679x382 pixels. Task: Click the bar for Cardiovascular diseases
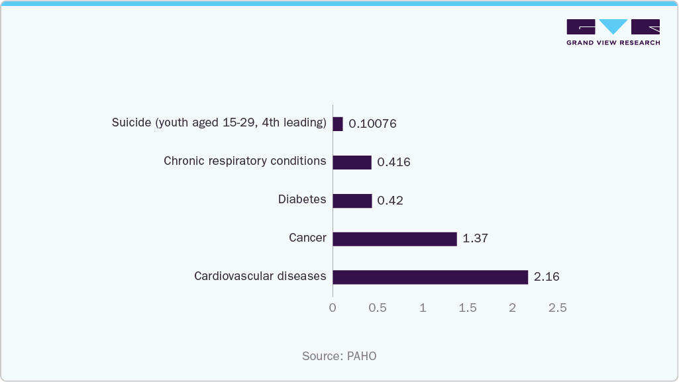tap(430, 277)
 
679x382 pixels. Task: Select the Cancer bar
tap(394, 238)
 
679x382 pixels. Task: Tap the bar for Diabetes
tap(352, 201)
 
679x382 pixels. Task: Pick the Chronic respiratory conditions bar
tap(352, 162)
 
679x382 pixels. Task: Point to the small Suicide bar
tap(338, 124)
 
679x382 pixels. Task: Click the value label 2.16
tap(547, 277)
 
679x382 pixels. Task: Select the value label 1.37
tap(475, 238)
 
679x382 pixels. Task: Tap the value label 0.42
tap(390, 201)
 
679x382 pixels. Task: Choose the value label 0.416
tap(393, 162)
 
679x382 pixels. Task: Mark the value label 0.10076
tap(372, 124)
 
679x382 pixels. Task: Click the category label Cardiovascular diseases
tap(260, 276)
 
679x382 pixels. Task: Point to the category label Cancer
tap(307, 238)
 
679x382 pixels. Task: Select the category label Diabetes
tap(302, 199)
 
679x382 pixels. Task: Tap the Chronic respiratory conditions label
tap(244, 161)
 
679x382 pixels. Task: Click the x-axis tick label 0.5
tap(378, 308)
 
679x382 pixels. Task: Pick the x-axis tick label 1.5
tap(468, 308)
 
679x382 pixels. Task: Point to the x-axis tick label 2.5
tap(557, 308)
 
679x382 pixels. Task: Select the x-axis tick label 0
tap(333, 308)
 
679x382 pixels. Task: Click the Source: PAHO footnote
tap(339, 356)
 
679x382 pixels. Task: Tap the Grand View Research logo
tap(613, 32)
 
